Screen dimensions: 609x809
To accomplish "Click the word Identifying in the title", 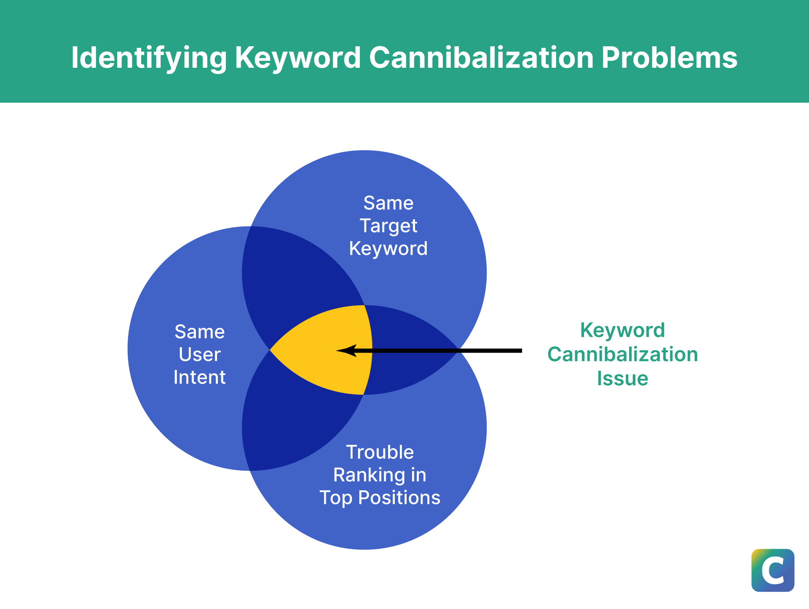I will [149, 58].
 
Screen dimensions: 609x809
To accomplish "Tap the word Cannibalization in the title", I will [481, 58].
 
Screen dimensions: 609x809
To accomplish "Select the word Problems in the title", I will [669, 58].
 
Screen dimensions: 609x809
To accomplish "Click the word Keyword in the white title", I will [297, 58].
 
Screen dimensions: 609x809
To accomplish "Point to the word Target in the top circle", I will [388, 226].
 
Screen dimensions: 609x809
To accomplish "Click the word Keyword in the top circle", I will [388, 249].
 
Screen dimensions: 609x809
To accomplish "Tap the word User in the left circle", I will [199, 354].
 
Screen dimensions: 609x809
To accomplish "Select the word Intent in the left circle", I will [199, 377].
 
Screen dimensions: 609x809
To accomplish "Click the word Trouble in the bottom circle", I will [380, 452].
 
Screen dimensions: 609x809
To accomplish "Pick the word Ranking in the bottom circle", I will [364, 475].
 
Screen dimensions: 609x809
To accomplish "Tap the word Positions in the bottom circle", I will [399, 498].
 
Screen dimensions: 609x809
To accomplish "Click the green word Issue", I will [622, 378].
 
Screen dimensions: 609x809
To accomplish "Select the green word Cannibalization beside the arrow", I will [622, 354].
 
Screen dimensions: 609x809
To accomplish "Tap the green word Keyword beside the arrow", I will [622, 330].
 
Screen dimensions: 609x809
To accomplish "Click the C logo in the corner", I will [772, 570].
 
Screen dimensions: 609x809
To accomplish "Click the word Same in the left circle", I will [199, 332].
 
